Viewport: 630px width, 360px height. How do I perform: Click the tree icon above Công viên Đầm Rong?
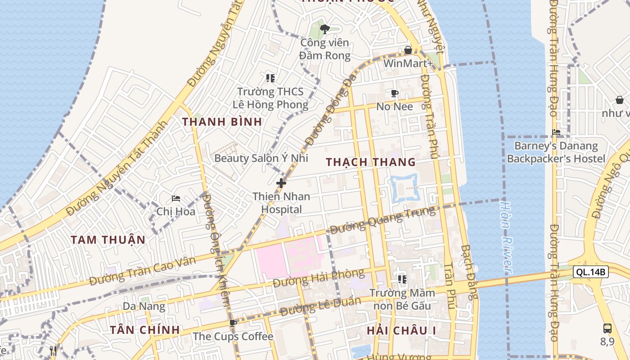click(324, 29)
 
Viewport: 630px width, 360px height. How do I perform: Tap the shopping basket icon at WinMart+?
click(408, 49)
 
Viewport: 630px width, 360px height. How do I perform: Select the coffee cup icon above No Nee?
click(395, 93)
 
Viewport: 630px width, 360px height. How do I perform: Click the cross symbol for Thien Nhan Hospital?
click(281, 183)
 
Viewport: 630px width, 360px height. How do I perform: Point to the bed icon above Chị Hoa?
click(176, 198)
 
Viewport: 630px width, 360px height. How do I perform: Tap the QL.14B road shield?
click(591, 272)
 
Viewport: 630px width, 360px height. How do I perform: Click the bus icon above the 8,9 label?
click(607, 328)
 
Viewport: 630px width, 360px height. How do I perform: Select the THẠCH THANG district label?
click(371, 162)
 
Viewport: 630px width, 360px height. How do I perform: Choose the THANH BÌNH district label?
click(222, 121)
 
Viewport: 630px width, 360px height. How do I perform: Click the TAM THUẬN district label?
click(108, 239)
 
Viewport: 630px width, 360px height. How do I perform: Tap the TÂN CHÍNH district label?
click(145, 330)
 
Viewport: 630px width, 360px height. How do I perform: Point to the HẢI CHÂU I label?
click(401, 331)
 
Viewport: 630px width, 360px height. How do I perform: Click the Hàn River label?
click(506, 237)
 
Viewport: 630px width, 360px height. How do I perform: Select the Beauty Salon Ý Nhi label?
click(261, 158)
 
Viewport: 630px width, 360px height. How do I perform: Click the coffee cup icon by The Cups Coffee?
click(233, 323)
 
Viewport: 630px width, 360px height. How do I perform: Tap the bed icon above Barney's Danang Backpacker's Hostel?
click(556, 132)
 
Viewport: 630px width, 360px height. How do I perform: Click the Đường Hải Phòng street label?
click(319, 278)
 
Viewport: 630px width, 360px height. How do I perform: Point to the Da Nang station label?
click(144, 306)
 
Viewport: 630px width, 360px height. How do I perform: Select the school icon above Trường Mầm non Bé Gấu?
click(402, 279)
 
